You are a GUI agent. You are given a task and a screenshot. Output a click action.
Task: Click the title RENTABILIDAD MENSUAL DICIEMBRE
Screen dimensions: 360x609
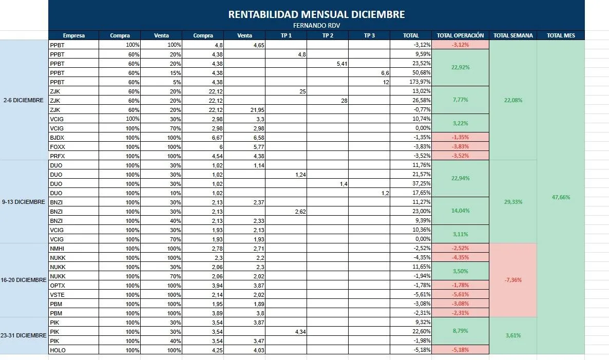316,14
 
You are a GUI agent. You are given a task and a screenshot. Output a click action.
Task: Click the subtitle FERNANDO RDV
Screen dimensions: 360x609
316,25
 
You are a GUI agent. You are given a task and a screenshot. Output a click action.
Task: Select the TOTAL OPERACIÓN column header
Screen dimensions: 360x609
460,35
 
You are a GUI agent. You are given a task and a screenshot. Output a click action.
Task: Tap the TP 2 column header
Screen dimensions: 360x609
328,35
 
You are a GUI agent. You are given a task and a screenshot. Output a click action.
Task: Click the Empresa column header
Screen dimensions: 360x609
73,35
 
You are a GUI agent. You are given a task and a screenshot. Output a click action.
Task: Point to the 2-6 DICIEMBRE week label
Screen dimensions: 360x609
24,100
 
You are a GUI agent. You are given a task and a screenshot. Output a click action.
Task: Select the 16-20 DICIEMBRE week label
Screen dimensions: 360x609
24,280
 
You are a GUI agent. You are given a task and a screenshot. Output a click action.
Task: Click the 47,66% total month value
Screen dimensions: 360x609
560,197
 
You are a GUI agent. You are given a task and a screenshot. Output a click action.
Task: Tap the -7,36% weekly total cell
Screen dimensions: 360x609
512,280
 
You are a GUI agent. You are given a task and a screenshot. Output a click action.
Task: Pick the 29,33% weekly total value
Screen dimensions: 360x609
512,202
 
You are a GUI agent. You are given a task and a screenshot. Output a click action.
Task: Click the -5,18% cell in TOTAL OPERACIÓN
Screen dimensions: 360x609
460,350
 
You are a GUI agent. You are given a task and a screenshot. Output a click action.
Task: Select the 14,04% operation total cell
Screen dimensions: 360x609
460,211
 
